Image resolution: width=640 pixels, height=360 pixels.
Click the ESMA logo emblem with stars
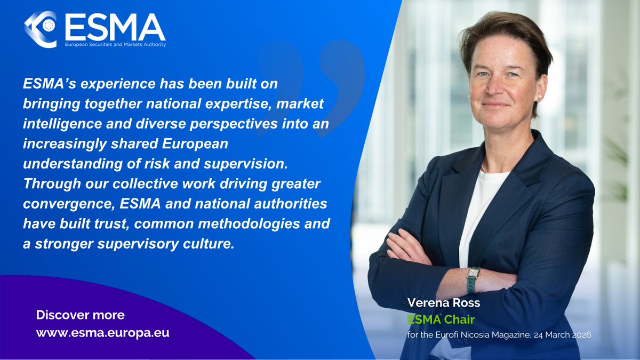pos(41,29)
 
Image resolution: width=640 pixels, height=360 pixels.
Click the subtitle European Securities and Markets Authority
pos(115,45)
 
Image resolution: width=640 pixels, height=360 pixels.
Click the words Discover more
pos(80,315)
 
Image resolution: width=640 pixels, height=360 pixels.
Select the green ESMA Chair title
pos(434,319)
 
